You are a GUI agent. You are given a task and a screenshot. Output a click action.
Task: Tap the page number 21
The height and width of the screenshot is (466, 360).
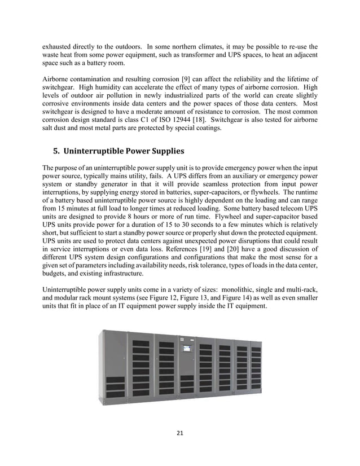[x=180, y=433]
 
